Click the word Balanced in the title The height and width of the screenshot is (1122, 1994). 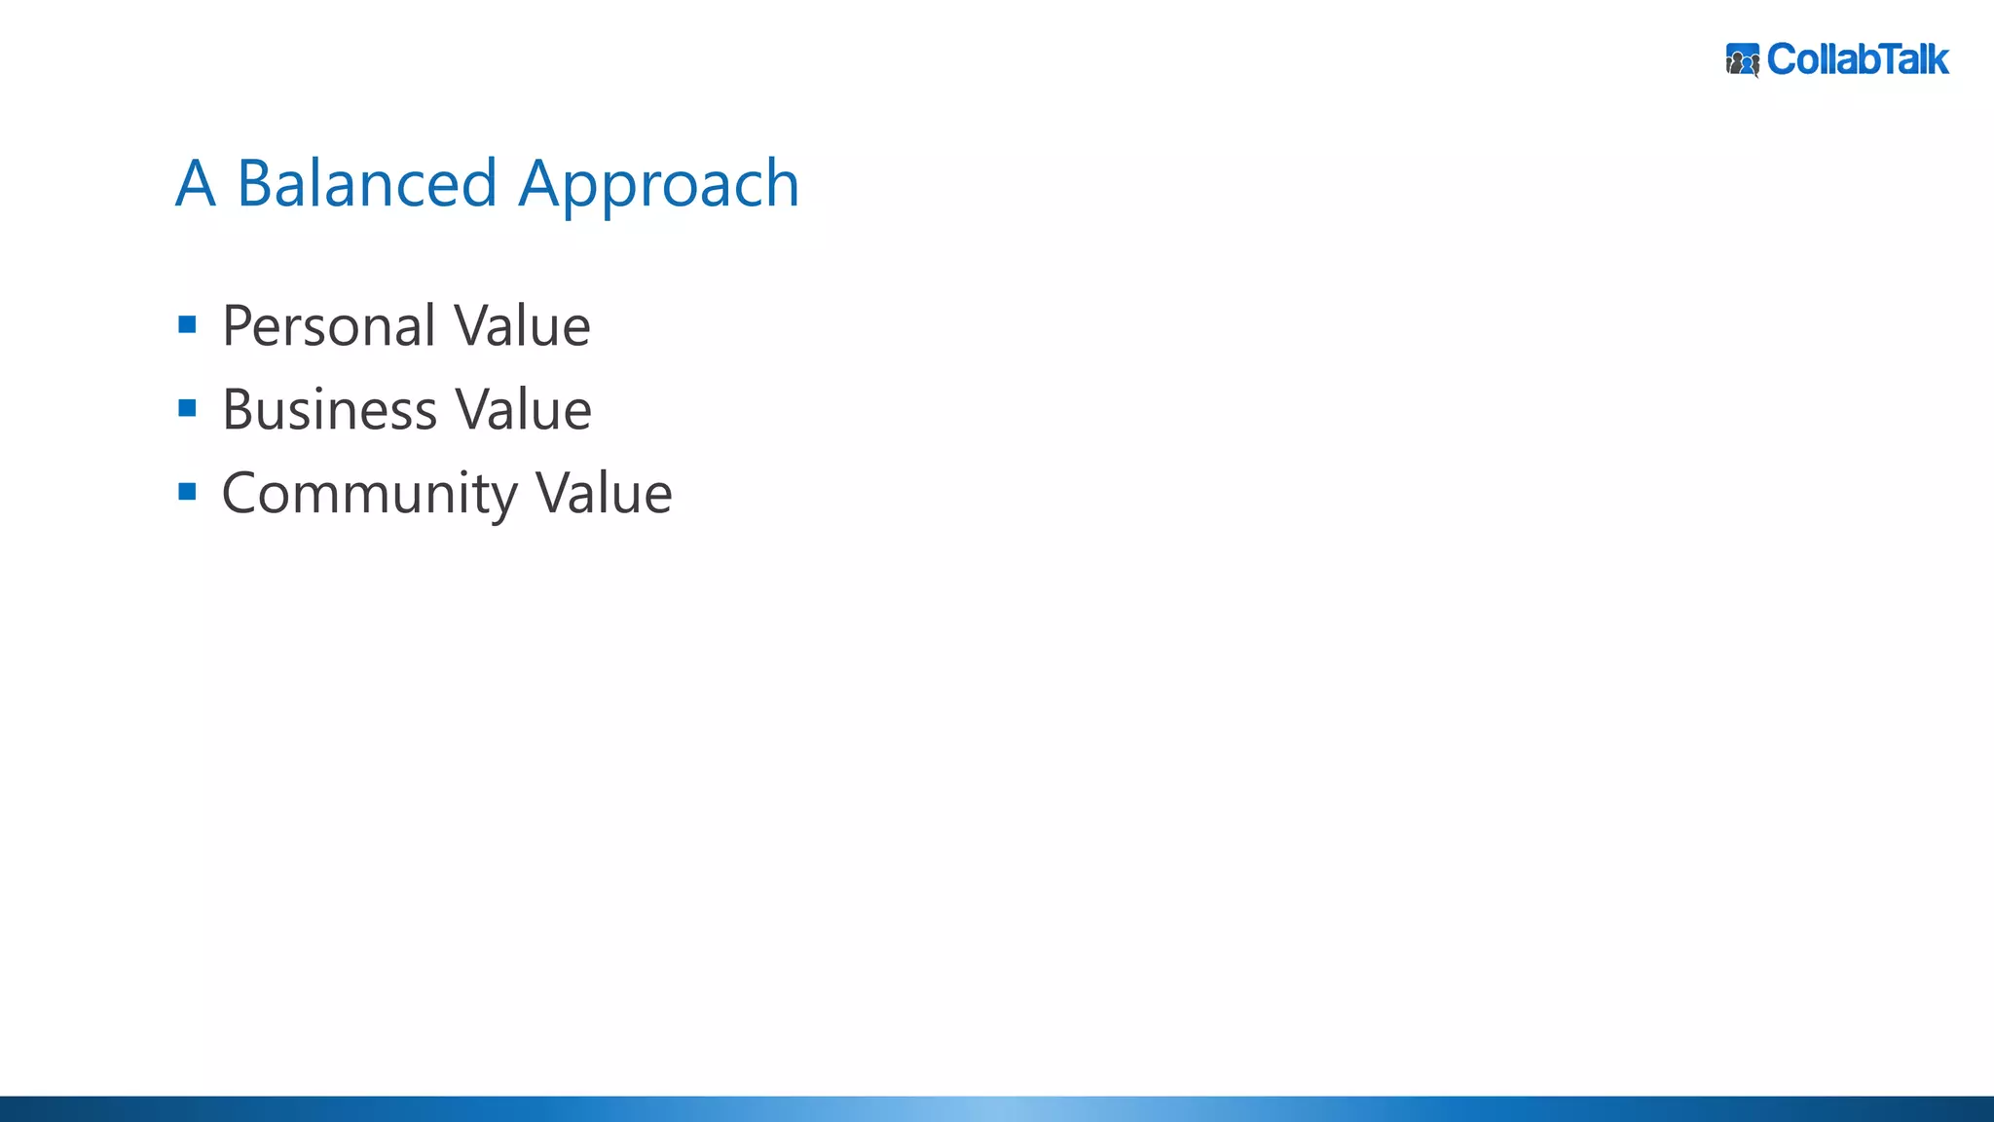coord(367,183)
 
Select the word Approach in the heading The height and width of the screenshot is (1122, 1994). coord(659,185)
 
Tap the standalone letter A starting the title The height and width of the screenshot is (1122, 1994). coord(196,183)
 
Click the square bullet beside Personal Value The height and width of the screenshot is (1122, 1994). coord(188,324)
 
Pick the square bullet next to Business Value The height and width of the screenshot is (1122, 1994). coord(188,408)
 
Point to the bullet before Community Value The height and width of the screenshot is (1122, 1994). coord(188,492)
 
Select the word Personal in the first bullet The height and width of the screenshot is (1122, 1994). coord(329,326)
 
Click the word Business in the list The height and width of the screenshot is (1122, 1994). coord(329,410)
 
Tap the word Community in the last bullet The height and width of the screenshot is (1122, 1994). coord(369,494)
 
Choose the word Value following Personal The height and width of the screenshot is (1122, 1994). coord(523,326)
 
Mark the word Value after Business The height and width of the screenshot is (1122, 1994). coord(524,410)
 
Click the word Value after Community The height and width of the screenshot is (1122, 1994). coord(605,494)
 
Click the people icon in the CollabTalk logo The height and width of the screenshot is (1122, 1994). coord(1743,60)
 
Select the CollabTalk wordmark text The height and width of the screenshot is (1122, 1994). coord(1858,60)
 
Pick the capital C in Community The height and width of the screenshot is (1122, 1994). coord(240,494)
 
